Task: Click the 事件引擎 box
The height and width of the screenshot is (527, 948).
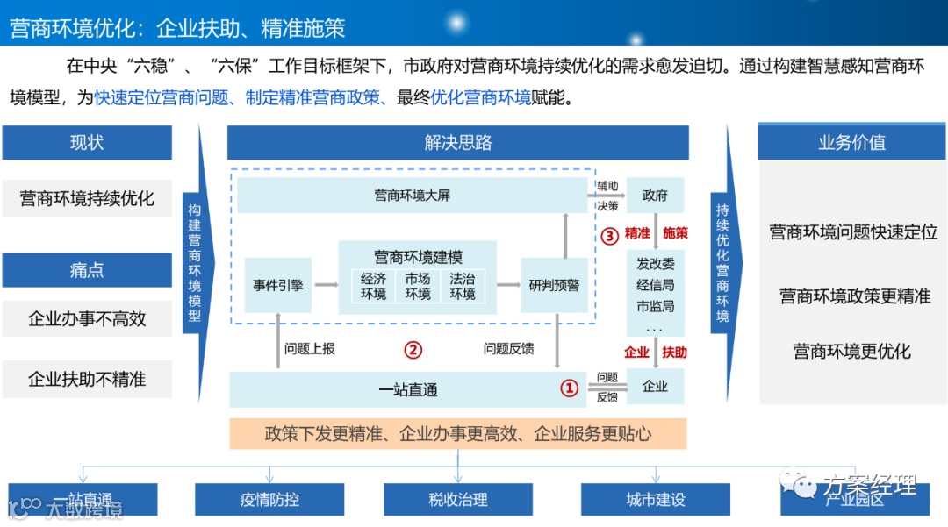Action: [x=277, y=285]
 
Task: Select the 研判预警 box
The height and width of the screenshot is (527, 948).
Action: [x=554, y=285]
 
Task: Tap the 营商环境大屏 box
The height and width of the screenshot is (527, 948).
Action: [x=412, y=195]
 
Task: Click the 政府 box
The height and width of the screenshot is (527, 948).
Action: [x=655, y=195]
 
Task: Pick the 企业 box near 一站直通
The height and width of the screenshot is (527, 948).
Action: [x=655, y=386]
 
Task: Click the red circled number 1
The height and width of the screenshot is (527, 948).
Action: [x=570, y=387]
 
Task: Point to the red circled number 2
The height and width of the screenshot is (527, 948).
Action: [x=413, y=350]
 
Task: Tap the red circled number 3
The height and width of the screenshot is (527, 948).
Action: [x=610, y=235]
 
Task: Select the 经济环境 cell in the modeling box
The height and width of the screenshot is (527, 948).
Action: [x=373, y=286]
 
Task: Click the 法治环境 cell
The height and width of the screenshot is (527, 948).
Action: [x=463, y=286]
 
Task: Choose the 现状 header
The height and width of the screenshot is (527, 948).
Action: [x=86, y=143]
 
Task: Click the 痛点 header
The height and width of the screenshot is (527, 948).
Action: [x=86, y=270]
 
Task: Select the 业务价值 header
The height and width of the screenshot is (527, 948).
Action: [x=851, y=143]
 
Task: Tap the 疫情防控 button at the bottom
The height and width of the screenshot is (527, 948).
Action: [x=269, y=500]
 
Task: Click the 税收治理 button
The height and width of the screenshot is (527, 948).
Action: [x=457, y=500]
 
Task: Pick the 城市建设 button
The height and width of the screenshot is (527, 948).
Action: [x=655, y=500]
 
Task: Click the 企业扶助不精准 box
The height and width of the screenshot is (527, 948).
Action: [x=86, y=380]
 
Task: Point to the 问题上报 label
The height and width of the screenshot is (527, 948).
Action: [x=309, y=348]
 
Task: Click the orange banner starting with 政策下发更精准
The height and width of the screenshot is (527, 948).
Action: [x=457, y=433]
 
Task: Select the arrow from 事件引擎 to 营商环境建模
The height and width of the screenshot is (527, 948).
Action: [x=326, y=285]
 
